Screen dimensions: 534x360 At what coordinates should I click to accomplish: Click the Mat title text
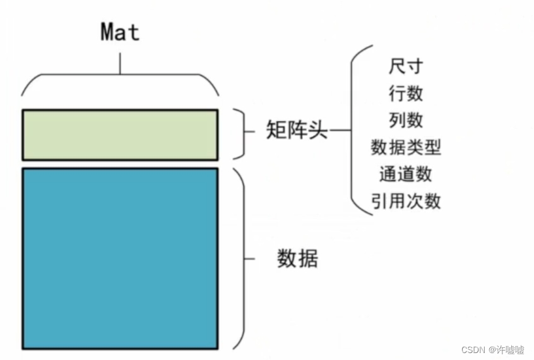pyautogui.click(x=120, y=32)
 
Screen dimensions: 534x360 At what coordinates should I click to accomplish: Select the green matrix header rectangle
pyautogui.click(x=120, y=135)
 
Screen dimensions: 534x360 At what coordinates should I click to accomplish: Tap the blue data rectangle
pyautogui.click(x=120, y=258)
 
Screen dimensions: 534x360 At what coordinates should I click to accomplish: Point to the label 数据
pyautogui.click(x=297, y=258)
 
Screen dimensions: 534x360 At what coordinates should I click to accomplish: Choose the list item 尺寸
pyautogui.click(x=405, y=66)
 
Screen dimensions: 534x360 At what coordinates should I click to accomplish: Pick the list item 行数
pyautogui.click(x=405, y=93)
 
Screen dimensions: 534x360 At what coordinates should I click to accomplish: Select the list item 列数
pyautogui.click(x=405, y=120)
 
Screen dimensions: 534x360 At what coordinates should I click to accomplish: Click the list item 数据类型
pyautogui.click(x=405, y=147)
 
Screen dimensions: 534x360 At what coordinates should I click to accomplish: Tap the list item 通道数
pyautogui.click(x=405, y=174)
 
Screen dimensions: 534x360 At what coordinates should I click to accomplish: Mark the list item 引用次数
pyautogui.click(x=405, y=201)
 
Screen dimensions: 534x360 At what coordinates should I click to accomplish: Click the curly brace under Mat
pyautogui.click(x=120, y=79)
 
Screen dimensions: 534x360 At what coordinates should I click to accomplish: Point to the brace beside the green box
pyautogui.click(x=240, y=134)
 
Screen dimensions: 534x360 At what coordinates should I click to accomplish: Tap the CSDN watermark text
pyautogui.click(x=472, y=349)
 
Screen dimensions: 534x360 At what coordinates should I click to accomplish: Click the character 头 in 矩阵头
pyautogui.click(x=317, y=131)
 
